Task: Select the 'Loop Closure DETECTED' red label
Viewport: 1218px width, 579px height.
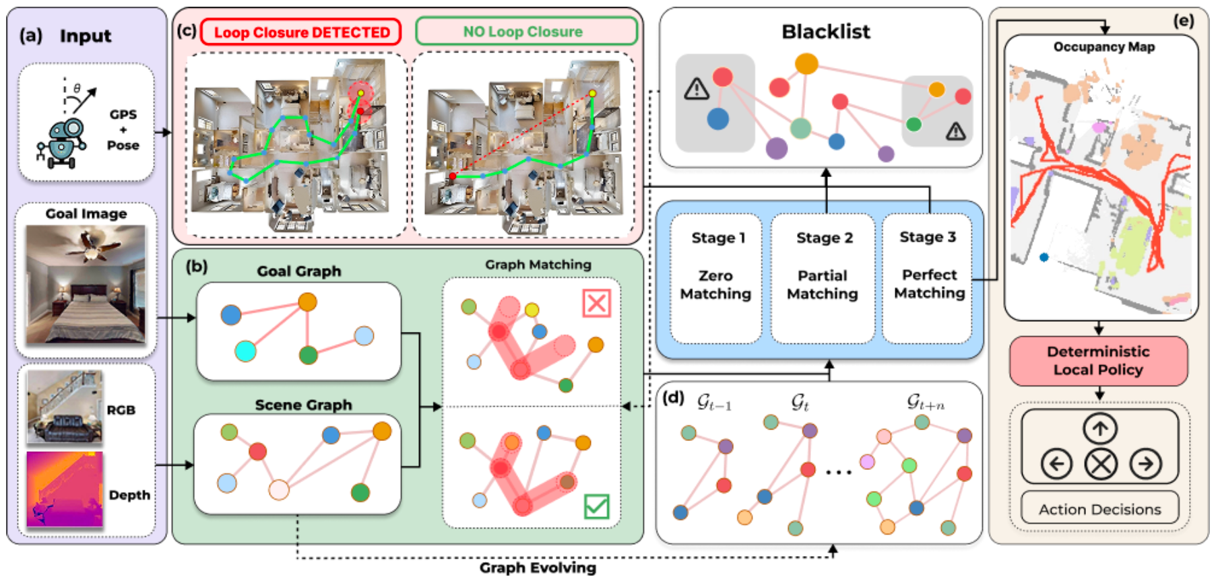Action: (301, 32)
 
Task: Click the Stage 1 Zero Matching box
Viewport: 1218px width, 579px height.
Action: (715, 278)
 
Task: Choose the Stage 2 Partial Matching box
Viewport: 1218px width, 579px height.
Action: (823, 278)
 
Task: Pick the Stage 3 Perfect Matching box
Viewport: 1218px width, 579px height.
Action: (928, 277)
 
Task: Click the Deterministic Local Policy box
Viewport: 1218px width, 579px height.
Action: (1098, 361)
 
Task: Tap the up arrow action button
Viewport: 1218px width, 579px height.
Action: (1100, 429)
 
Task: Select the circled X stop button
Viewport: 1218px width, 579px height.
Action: (1101, 464)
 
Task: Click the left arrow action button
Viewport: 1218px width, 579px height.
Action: (1056, 464)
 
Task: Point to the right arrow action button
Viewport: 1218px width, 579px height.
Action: (1146, 464)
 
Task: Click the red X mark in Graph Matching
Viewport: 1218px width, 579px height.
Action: (596, 303)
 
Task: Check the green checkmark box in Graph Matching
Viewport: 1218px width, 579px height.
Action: (596, 506)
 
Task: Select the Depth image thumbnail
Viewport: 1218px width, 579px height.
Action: (65, 489)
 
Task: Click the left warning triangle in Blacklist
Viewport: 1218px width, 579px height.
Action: (697, 88)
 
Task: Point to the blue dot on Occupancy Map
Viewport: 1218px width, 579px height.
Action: (1044, 257)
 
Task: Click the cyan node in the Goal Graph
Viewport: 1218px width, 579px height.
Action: (245, 351)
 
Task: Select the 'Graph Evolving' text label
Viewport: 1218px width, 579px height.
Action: (538, 568)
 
